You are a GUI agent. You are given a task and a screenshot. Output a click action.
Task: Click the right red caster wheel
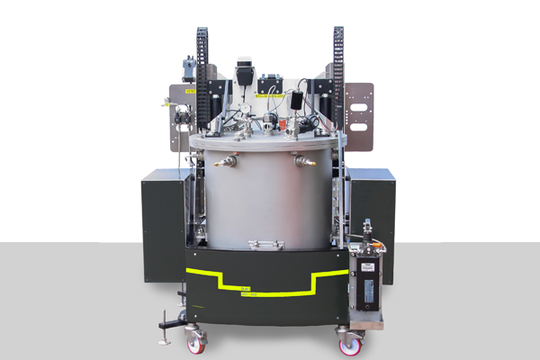(x=350, y=342)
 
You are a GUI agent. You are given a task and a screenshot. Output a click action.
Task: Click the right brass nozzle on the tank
(x=304, y=161)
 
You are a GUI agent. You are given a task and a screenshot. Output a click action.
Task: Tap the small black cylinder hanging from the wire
(x=297, y=101)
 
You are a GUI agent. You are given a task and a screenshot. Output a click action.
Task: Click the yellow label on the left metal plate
(x=190, y=91)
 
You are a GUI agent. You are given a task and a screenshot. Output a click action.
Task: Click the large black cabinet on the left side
(x=163, y=225)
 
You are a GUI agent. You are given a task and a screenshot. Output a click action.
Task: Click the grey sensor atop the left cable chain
(x=189, y=65)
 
